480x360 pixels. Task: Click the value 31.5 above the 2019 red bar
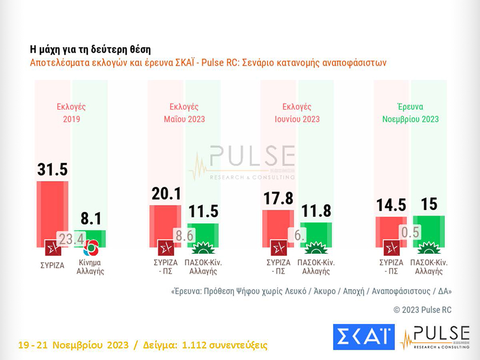pyautogui.click(x=52, y=170)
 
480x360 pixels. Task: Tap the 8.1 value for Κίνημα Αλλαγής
pyautogui.click(x=91, y=219)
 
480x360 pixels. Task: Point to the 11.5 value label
pyautogui.click(x=204, y=212)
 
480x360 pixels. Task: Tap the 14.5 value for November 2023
pyautogui.click(x=392, y=205)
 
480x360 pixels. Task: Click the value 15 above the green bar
pyautogui.click(x=429, y=204)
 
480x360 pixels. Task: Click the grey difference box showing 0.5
pyautogui.click(x=409, y=232)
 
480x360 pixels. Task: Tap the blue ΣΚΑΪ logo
pyautogui.click(x=363, y=337)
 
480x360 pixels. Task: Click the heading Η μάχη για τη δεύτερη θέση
pyautogui.click(x=90, y=49)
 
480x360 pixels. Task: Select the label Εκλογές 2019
pyautogui.click(x=71, y=113)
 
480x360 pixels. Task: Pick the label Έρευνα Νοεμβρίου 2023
pyautogui.click(x=410, y=113)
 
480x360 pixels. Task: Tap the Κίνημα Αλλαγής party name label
pyautogui.click(x=91, y=267)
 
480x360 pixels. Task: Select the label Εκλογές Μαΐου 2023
pyautogui.click(x=184, y=113)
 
